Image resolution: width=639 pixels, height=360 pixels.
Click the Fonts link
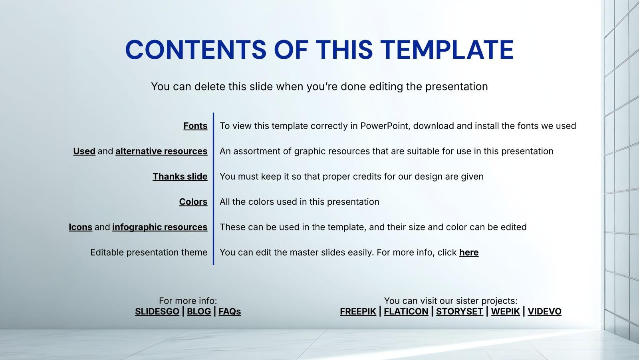(195, 126)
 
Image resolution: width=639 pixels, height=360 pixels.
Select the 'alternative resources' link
(161, 151)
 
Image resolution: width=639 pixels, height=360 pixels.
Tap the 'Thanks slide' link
(180, 176)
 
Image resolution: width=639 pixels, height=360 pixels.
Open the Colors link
(193, 202)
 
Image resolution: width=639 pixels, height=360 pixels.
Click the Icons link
(80, 227)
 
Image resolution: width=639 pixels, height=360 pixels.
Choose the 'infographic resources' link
(160, 227)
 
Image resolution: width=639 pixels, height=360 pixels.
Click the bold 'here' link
(469, 252)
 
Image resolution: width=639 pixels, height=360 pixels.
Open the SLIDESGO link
(157, 312)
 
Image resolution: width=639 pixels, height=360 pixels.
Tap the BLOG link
(199, 312)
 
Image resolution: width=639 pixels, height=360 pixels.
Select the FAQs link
(230, 312)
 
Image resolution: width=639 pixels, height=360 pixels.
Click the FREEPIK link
(358, 312)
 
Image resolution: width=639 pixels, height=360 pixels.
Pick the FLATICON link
(406, 312)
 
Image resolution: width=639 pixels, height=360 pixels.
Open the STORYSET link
(460, 312)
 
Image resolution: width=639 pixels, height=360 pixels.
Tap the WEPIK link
(506, 312)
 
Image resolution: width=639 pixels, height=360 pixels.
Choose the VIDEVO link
(545, 312)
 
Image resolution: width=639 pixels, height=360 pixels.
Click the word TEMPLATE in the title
(447, 50)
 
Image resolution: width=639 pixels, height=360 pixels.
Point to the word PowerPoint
(385, 126)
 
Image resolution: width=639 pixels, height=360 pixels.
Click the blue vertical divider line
(213, 189)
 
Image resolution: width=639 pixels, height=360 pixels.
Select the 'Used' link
(84, 151)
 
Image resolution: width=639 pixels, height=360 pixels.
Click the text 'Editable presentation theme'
(149, 252)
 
